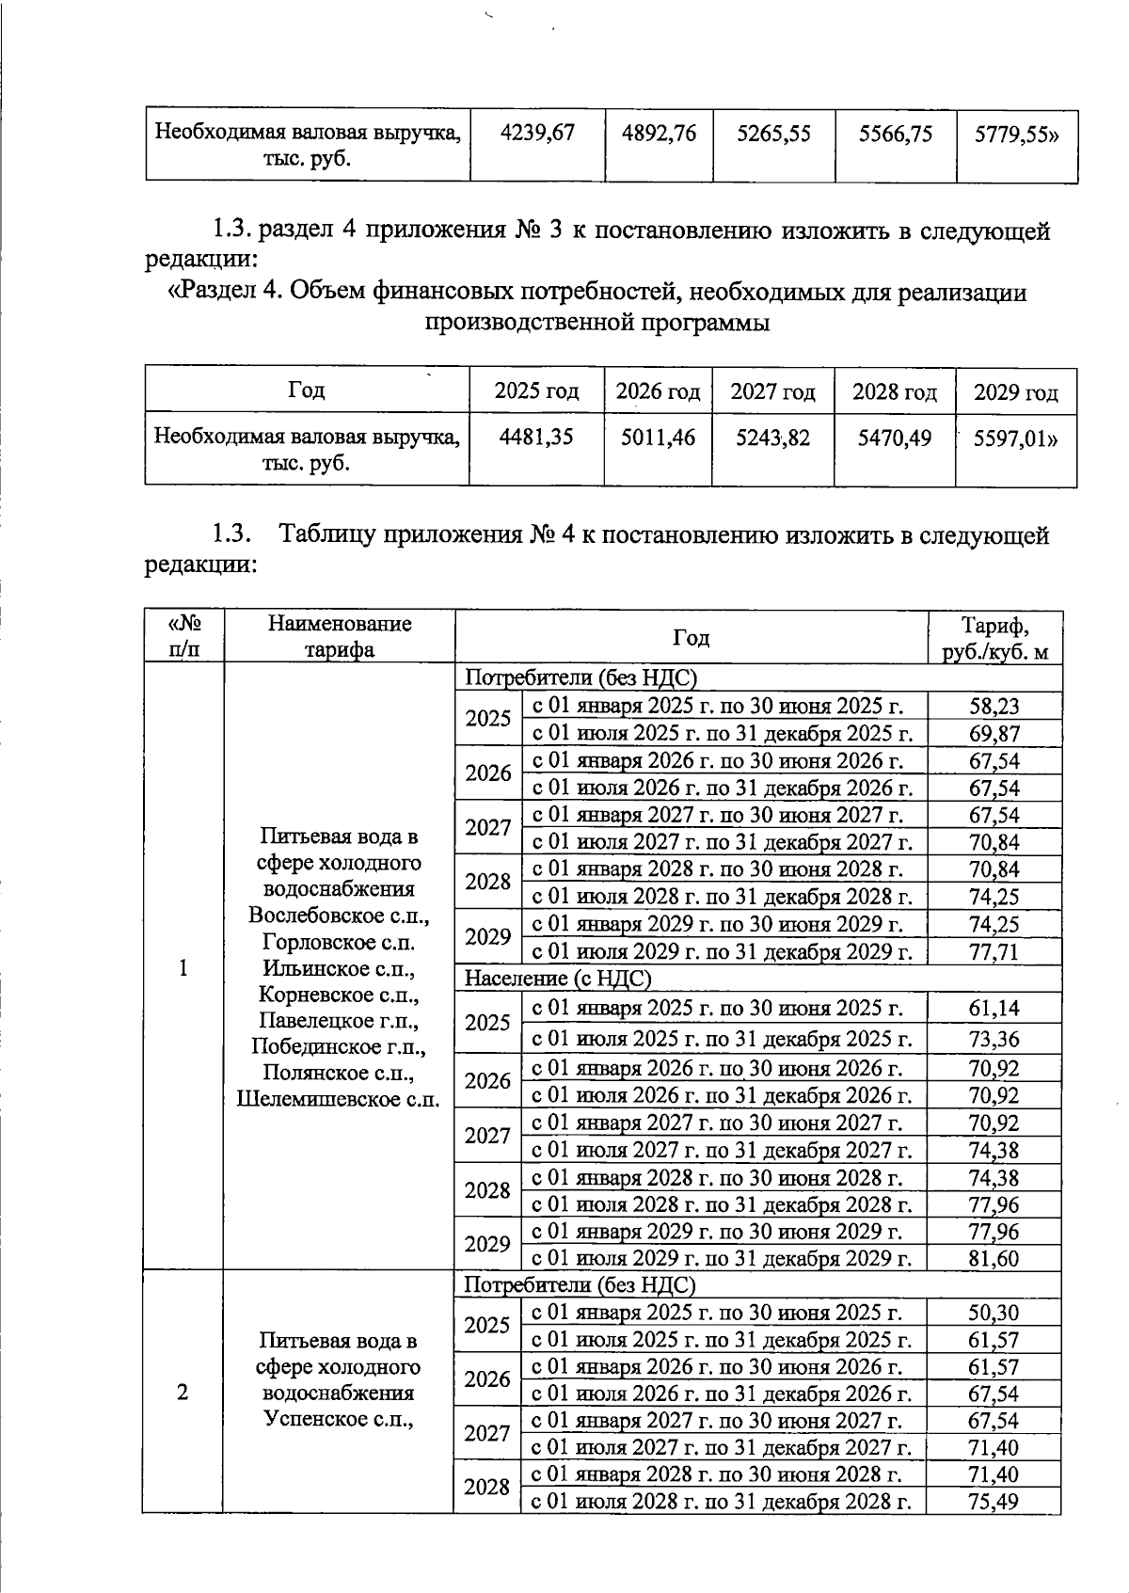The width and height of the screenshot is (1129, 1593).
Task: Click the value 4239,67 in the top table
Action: [537, 134]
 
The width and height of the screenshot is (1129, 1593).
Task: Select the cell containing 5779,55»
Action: [1016, 134]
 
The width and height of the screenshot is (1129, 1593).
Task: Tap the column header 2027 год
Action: [772, 391]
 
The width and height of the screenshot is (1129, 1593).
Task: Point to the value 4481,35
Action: [537, 438]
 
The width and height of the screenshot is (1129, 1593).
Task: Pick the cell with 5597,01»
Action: [1016, 438]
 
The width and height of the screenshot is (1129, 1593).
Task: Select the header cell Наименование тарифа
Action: [340, 637]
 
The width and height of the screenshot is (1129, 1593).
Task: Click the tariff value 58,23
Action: [994, 707]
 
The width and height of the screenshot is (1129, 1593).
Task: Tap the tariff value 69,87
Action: [994, 734]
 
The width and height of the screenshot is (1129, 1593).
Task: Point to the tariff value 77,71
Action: [994, 952]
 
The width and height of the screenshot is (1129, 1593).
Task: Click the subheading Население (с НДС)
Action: [558, 979]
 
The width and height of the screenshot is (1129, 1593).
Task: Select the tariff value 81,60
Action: [994, 1258]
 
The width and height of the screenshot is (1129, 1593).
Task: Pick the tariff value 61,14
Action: [994, 1009]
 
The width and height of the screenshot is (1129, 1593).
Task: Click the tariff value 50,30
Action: [994, 1313]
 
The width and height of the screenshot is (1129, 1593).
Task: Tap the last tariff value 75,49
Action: [994, 1503]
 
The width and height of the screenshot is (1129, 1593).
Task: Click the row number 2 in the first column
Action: [183, 1393]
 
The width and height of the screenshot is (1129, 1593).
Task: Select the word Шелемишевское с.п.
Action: [339, 1099]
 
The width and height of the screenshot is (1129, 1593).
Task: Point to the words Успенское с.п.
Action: [340, 1419]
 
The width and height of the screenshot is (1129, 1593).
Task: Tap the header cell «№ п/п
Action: [184, 637]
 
